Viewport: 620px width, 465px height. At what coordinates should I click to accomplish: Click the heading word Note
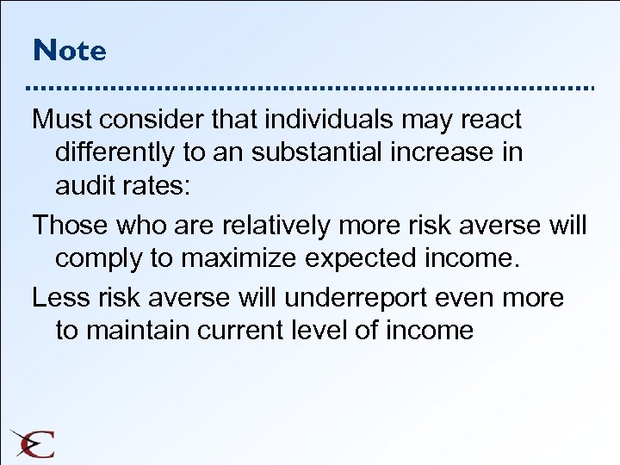[70, 50]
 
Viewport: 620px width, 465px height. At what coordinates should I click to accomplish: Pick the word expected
[387, 259]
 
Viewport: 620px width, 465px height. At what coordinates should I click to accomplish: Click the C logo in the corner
[34, 443]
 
